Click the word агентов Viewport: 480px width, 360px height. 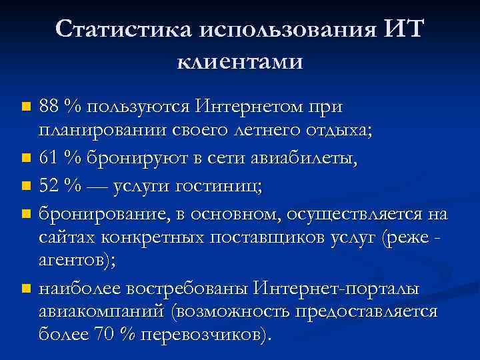[75, 261]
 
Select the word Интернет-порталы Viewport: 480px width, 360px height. [337, 289]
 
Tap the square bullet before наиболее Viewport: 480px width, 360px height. [25, 289]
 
